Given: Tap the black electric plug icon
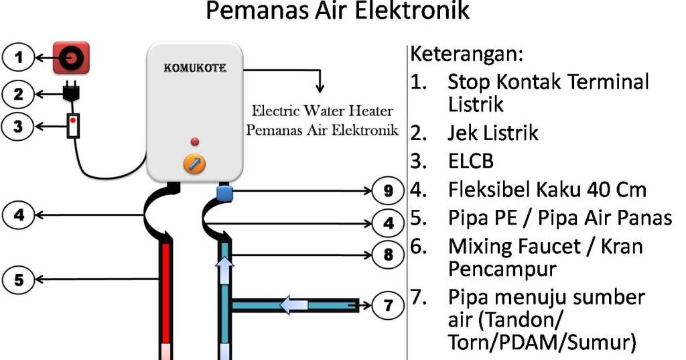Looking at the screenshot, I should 70,94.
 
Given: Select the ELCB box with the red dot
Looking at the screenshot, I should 72,125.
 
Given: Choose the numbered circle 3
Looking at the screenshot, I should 19,126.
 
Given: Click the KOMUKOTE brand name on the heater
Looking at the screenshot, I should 194,68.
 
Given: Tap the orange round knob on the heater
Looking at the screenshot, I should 194,163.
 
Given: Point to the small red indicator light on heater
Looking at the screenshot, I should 195,141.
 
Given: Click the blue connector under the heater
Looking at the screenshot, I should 224,193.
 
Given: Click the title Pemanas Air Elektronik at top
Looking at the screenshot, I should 336,11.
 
